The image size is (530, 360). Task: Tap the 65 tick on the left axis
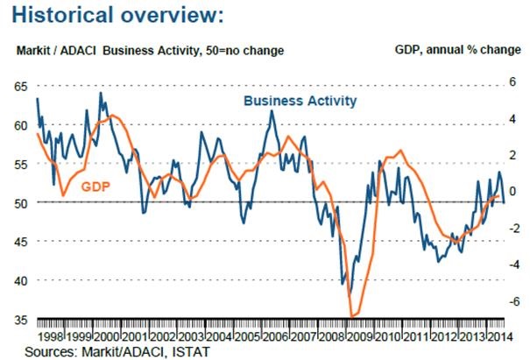pos(21,86)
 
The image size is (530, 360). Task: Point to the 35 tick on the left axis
pos(21,319)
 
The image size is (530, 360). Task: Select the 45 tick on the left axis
pos(21,241)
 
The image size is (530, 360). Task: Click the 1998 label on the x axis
pos(51,335)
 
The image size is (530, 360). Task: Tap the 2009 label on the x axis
pos(358,335)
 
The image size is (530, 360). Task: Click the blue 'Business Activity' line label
pos(300,101)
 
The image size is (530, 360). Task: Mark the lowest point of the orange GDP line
pos(352,316)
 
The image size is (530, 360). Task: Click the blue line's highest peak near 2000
pos(100,93)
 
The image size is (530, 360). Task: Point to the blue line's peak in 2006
pos(272,110)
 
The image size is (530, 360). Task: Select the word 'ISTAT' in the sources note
pos(192,351)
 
